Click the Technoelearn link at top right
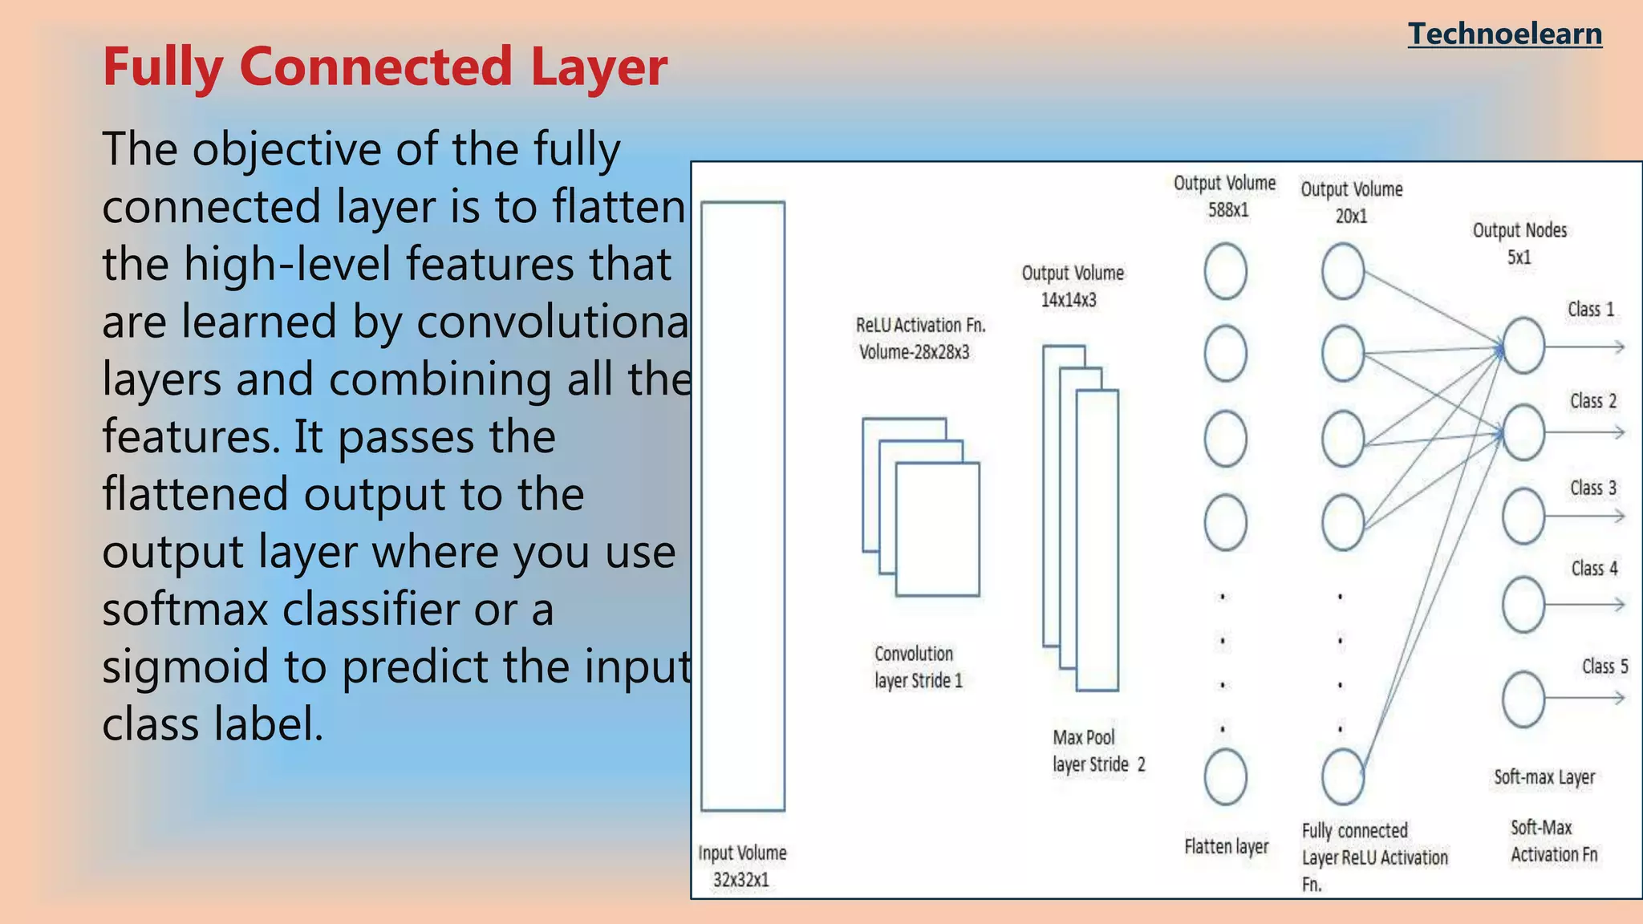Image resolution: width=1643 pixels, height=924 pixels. click(x=1504, y=34)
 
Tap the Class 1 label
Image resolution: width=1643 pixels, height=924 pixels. click(x=1590, y=310)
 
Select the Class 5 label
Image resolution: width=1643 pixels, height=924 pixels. click(x=1604, y=667)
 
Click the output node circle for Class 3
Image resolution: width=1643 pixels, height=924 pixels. click(x=1523, y=517)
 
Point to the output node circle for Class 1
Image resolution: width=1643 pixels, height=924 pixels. click(x=1523, y=346)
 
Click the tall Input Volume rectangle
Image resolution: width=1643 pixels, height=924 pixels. click(x=742, y=505)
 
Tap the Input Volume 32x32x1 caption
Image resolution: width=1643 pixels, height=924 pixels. click(x=741, y=866)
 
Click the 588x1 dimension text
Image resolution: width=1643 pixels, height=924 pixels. click(x=1227, y=210)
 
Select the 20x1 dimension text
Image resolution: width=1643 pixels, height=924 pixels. click(x=1351, y=216)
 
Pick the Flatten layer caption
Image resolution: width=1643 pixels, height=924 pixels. click(x=1226, y=847)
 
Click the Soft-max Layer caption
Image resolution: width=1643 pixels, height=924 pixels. click(x=1544, y=777)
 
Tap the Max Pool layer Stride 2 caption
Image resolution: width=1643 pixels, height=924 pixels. click(x=1097, y=751)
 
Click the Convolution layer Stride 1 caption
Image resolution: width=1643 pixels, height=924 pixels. click(x=917, y=667)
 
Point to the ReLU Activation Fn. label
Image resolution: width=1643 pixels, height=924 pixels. click(x=920, y=325)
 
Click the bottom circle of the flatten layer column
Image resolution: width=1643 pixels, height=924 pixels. click(x=1225, y=776)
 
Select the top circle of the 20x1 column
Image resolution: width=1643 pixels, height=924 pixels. click(x=1343, y=272)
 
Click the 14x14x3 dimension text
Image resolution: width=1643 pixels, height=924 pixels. click(x=1068, y=300)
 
